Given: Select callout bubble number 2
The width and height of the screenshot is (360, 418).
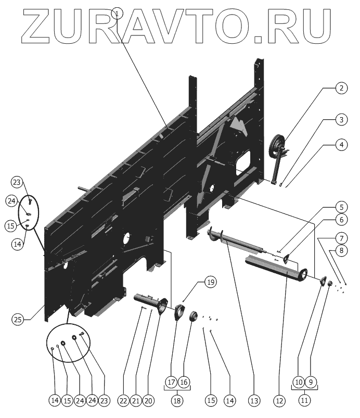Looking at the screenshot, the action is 341,88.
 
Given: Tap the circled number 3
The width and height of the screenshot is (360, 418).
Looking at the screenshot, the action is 341,120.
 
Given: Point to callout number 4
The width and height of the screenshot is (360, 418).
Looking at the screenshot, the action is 341,144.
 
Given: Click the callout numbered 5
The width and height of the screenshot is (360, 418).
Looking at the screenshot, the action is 341,205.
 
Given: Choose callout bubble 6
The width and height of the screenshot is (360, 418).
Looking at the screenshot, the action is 341,220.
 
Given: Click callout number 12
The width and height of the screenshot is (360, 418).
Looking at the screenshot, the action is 280,400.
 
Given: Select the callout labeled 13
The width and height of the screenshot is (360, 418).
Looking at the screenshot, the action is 254,400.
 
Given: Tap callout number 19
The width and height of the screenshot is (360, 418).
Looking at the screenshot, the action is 210,283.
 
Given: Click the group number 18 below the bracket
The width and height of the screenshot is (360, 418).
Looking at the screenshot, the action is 178,400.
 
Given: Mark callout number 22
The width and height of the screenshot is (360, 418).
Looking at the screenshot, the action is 123,400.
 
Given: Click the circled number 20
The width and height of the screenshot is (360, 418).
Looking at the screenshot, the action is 148,400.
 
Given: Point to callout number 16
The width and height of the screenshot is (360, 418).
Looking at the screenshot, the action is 185,382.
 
